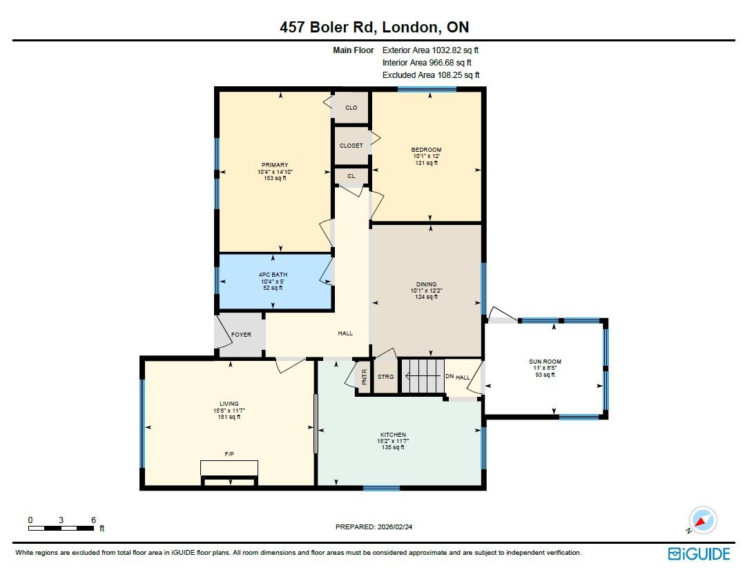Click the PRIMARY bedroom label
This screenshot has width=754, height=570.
coord(275,165)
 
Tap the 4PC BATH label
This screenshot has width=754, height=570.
coord(273,275)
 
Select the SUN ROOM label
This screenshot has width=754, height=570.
coord(545,362)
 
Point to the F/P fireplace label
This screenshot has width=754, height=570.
coord(229,453)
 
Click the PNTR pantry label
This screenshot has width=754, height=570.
coord(364,377)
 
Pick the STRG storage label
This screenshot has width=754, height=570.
coord(386,377)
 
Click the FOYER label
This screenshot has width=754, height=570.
coord(242,335)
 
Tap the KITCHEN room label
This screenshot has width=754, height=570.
coord(393,435)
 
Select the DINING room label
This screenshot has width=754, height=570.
coord(427,284)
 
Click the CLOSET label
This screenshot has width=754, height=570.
coord(351,146)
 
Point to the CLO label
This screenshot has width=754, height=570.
coord(351,108)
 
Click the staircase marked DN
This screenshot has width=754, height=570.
coord(422,376)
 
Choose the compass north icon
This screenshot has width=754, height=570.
coord(702,520)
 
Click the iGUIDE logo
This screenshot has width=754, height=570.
coord(699,554)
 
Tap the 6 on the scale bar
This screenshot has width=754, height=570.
coord(93,520)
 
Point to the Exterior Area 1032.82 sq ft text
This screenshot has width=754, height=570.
coord(430,50)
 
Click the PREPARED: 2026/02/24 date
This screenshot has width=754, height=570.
coord(374,527)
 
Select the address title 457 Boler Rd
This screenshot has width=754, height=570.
coord(327,27)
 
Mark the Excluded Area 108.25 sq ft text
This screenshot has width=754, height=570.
coord(431,75)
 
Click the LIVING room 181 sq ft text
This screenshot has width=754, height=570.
coord(229,417)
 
